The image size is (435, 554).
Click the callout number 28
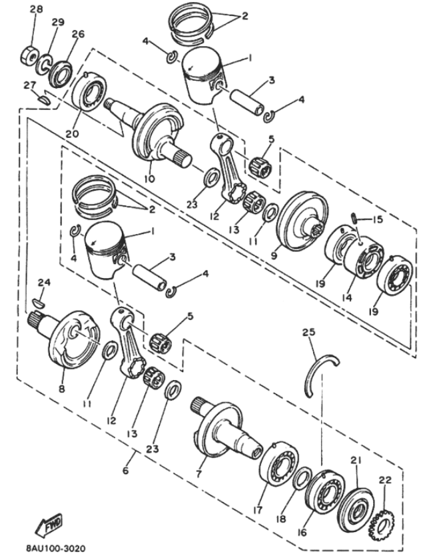(36, 9)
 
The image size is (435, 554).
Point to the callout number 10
(149, 179)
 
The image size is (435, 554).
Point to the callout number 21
(355, 459)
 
